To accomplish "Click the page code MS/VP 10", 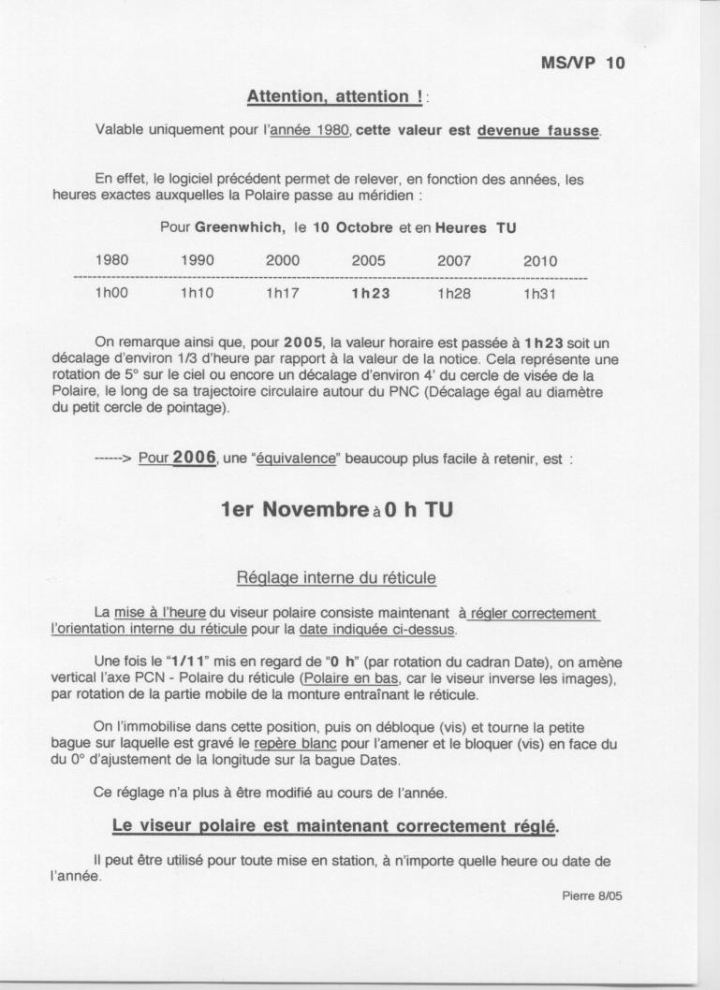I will coord(582,64).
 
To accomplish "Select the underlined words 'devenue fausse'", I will coord(537,130).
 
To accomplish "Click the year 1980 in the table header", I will coord(112,261).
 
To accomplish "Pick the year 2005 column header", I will coord(368,261).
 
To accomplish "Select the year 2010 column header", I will coord(539,261).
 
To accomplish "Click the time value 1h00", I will coord(112,293).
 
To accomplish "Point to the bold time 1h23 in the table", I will coord(369,293).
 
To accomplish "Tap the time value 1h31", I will coord(539,293).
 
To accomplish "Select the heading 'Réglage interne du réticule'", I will coord(336,580).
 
